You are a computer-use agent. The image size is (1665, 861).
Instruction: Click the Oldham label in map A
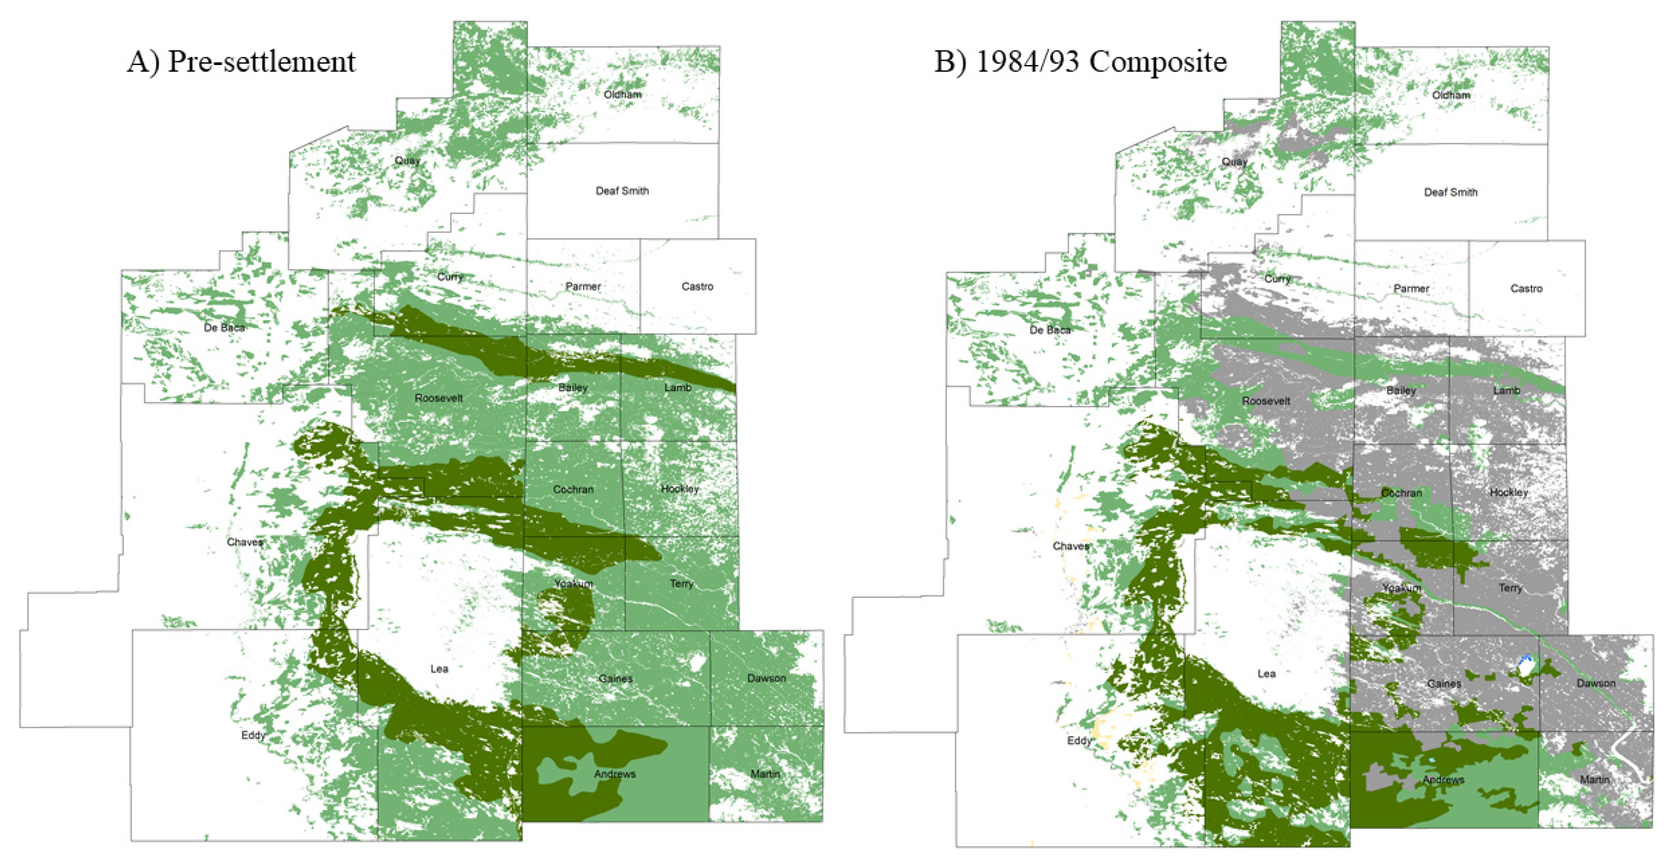point(622,94)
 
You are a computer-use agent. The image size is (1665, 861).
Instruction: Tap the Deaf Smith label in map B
point(1450,192)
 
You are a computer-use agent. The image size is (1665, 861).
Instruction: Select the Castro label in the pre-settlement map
point(697,287)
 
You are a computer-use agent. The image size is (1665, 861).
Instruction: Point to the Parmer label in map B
point(1411,288)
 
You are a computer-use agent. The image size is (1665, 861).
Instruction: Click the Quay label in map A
point(407,160)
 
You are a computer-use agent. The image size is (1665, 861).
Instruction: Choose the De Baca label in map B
point(1050,330)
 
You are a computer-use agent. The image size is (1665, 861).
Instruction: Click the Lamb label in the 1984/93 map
point(1506,390)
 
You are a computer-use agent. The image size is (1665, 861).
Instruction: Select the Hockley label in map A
point(679,488)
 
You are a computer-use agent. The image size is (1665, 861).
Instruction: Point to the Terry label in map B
point(1511,588)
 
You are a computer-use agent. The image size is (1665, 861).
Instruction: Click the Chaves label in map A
point(245,542)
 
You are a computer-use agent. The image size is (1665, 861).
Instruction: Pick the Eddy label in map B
point(1079,740)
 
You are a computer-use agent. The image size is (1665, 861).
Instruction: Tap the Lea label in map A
point(439,668)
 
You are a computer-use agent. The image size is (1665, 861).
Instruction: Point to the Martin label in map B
point(1594,780)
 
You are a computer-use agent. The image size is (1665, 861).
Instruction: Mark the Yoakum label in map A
point(573,584)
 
